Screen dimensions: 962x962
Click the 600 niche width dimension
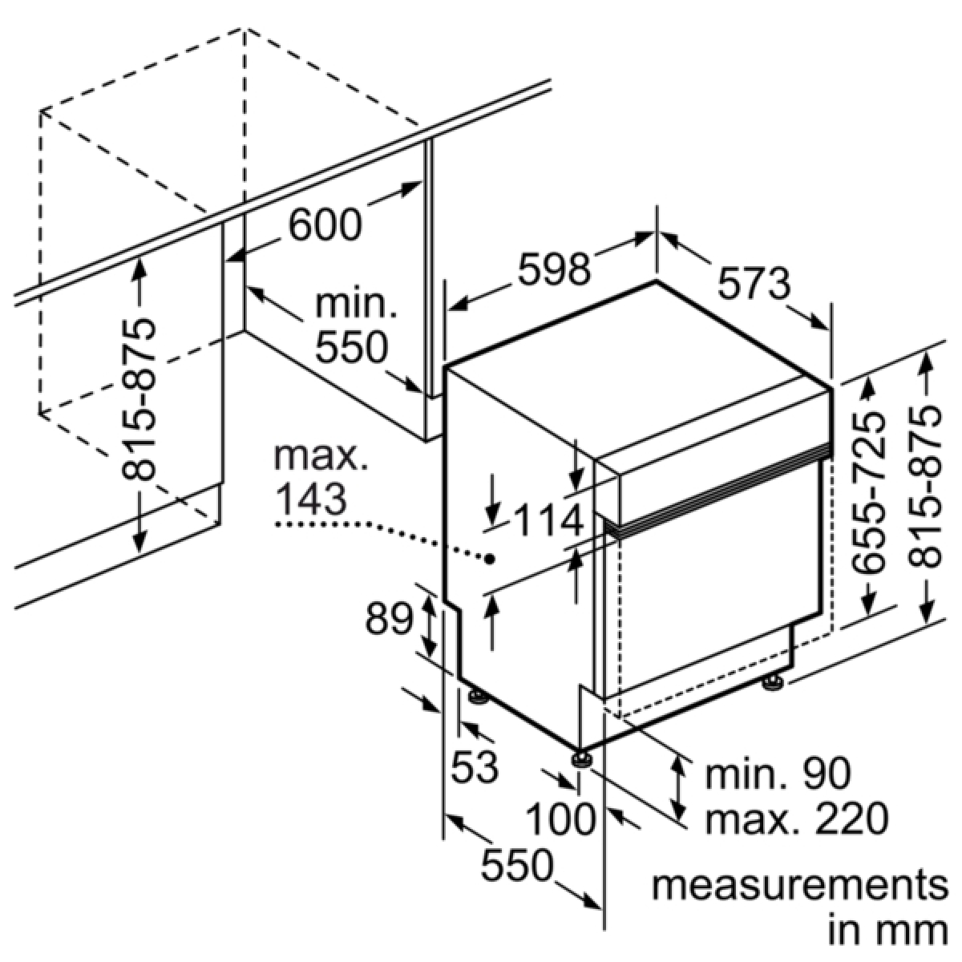point(325,224)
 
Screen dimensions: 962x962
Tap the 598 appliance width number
point(554,269)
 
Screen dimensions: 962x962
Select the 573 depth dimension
point(754,283)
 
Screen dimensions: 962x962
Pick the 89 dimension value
point(390,619)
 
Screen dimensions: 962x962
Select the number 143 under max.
point(311,499)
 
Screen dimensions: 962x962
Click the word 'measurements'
point(800,885)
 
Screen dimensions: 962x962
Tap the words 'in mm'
point(888,930)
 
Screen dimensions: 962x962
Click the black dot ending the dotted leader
point(491,559)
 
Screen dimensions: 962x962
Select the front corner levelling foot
point(581,774)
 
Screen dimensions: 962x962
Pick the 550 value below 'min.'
point(351,347)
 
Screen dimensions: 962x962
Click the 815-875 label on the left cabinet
point(138,399)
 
